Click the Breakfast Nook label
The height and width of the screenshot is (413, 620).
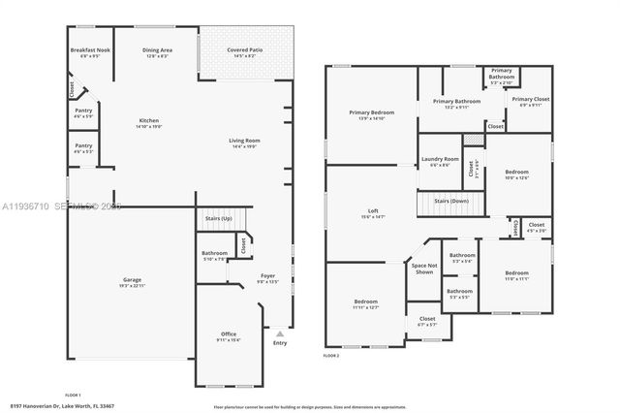coord(89,51)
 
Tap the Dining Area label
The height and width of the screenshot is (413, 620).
coord(157,51)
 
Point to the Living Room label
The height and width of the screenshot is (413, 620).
coord(244,143)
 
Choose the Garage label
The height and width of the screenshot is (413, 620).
coord(132,282)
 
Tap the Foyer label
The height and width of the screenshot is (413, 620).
coord(267,278)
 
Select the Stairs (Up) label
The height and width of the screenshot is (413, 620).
coord(219,219)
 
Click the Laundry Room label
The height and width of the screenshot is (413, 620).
coord(439,162)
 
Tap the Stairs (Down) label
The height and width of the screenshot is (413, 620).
coord(451,201)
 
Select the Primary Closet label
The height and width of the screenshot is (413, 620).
coord(530,101)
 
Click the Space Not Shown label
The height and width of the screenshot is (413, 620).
coord(423,269)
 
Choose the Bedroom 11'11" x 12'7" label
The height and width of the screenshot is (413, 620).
coord(366,303)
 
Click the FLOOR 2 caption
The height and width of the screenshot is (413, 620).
coord(331,356)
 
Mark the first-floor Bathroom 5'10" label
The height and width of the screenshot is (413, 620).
coord(214,256)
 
